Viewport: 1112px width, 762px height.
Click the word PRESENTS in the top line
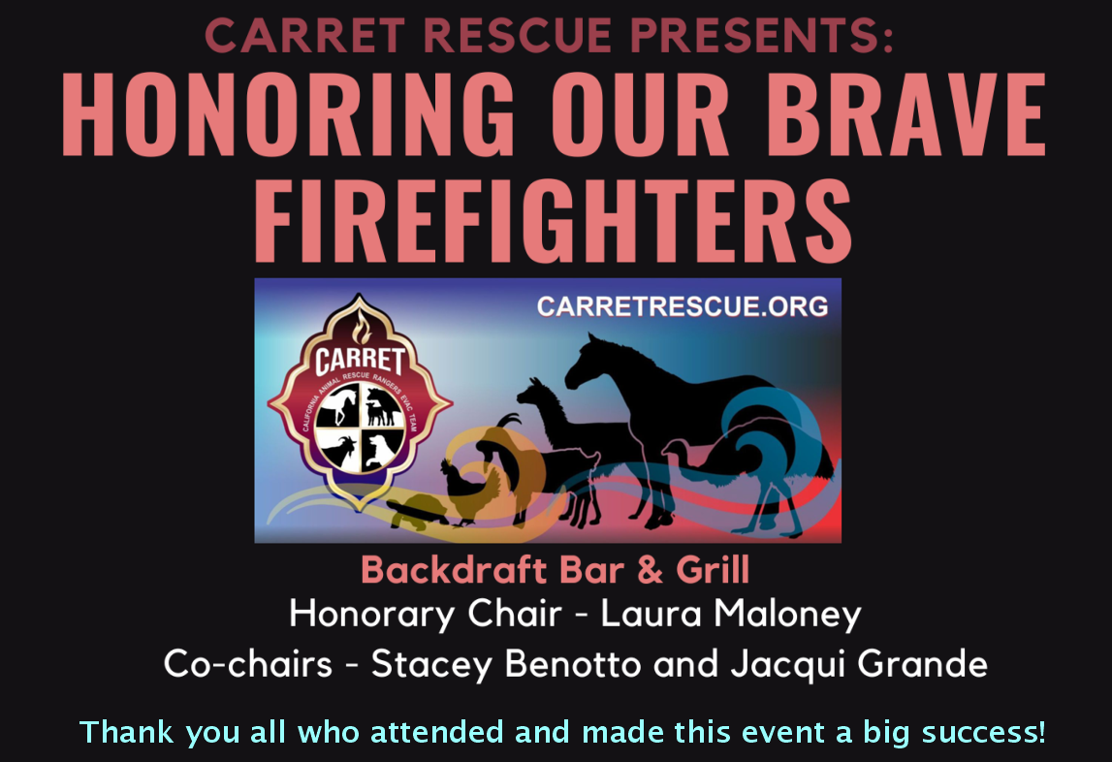761,36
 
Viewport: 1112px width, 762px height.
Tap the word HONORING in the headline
289,114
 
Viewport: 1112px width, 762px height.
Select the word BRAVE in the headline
906,114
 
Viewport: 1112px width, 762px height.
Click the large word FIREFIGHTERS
554,221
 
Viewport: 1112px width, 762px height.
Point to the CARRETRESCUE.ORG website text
683,306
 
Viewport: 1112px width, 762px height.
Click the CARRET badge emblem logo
360,401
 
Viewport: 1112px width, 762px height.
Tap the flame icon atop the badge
362,327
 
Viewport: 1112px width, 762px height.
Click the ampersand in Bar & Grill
651,570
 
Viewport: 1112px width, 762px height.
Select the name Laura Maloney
730,614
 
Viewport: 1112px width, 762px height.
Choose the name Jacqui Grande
859,664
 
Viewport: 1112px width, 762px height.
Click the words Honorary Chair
426,615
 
